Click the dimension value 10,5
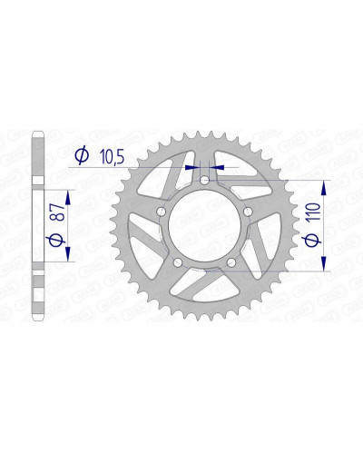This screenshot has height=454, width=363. (112, 157)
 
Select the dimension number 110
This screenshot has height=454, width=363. (313, 213)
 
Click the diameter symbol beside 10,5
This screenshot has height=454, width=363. (82, 155)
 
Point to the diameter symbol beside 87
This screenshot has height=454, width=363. (55, 240)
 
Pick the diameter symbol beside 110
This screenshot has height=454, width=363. (312, 240)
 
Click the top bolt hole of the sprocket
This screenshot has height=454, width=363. (205, 181)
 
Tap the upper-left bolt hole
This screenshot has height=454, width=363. (162, 212)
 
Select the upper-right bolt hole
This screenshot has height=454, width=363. (248, 212)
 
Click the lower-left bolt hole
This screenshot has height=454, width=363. (178, 262)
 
